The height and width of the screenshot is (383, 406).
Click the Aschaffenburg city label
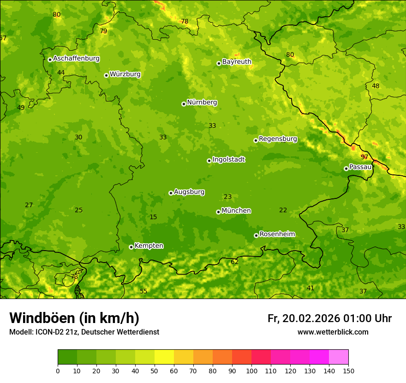[x=76, y=59]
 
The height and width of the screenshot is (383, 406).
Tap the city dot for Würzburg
[x=106, y=75]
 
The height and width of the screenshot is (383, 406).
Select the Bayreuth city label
[x=237, y=62]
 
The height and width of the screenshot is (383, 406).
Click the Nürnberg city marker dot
[x=184, y=104]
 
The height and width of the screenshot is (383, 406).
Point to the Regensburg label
[x=278, y=139]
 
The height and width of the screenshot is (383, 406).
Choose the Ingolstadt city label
[x=228, y=160]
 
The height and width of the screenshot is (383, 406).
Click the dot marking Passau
[x=346, y=168]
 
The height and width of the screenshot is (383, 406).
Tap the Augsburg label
[x=189, y=192]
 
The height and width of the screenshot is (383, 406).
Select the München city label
[x=236, y=211]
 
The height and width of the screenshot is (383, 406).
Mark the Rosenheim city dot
[x=256, y=235]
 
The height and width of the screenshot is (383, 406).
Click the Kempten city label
[x=149, y=246]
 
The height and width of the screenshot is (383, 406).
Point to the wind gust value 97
[x=364, y=157]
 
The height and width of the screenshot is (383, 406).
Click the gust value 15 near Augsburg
[x=153, y=217]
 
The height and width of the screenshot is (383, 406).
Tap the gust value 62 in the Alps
[x=235, y=262]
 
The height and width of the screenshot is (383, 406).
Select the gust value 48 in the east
[x=376, y=86]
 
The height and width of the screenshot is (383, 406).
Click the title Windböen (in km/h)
[x=74, y=318]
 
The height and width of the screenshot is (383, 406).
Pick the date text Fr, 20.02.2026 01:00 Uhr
[x=329, y=318]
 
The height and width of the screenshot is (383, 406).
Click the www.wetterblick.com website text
[x=333, y=332]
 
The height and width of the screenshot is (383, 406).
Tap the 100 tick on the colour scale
[x=251, y=371]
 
